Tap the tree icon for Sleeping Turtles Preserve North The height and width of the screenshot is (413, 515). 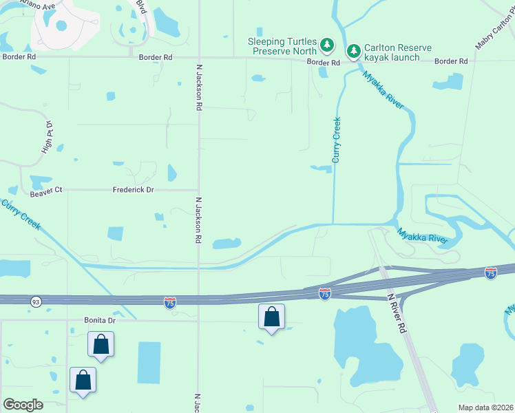(328, 46)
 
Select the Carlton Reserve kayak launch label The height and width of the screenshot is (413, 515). (399, 52)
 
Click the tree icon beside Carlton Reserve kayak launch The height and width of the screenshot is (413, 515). (353, 51)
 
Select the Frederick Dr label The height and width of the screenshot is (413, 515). (134, 189)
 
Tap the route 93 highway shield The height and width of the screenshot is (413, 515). (35, 301)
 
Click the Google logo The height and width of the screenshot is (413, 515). (23, 405)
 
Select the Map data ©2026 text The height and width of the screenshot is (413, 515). (485, 407)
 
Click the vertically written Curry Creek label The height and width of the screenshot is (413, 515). (337, 140)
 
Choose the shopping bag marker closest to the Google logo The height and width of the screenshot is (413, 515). (83, 379)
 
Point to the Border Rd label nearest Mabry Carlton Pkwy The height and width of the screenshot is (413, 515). (451, 61)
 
